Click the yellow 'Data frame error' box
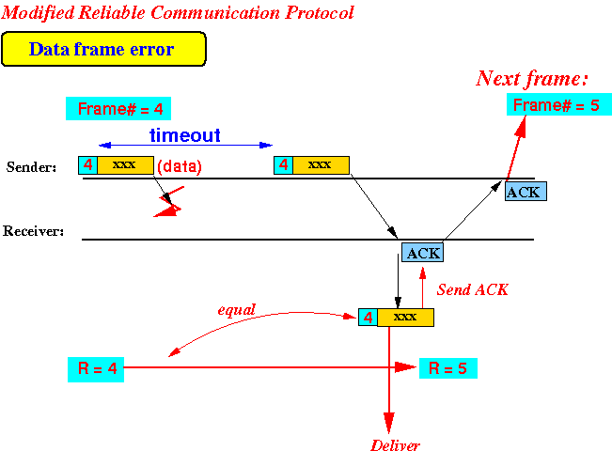(x=103, y=49)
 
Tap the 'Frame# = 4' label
(x=118, y=108)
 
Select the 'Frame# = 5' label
(x=559, y=104)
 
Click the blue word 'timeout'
(x=185, y=135)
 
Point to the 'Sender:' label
(x=31, y=167)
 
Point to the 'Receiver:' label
(x=33, y=231)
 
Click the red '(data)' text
(x=180, y=166)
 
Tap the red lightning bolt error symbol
(x=169, y=202)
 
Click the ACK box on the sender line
(x=526, y=192)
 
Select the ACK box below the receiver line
(x=423, y=253)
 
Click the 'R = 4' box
(x=96, y=369)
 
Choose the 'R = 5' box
(x=448, y=368)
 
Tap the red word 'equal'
(x=237, y=310)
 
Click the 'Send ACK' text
(x=472, y=289)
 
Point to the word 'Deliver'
(x=395, y=444)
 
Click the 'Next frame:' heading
(x=532, y=78)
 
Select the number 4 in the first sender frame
(x=88, y=165)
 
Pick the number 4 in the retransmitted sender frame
(x=284, y=165)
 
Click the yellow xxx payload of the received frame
(x=405, y=318)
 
